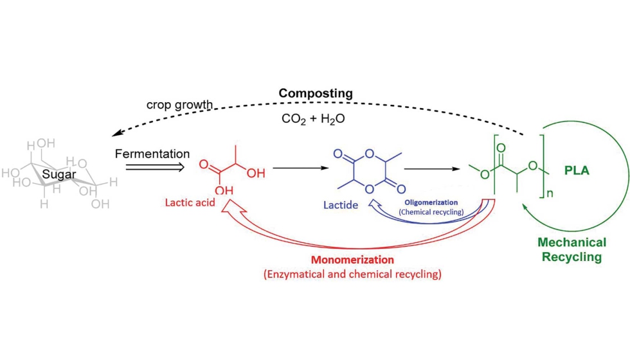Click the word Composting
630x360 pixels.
pyautogui.click(x=315, y=93)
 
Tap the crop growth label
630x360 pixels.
pyautogui.click(x=179, y=105)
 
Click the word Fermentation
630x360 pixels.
pyautogui.click(x=152, y=154)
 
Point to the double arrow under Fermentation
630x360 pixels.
pyautogui.click(x=154, y=168)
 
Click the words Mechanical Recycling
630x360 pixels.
pyautogui.click(x=571, y=249)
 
